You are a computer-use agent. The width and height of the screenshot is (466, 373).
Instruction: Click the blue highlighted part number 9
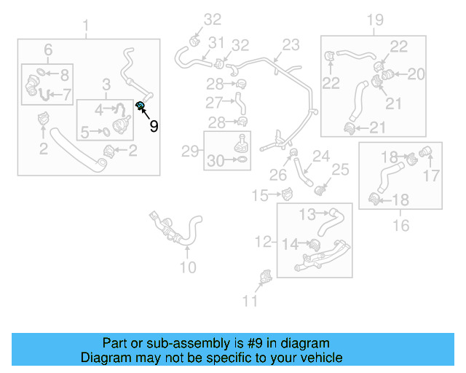141,108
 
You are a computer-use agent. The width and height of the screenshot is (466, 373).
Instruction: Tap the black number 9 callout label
154,126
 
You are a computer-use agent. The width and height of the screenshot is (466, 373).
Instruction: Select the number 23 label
291,45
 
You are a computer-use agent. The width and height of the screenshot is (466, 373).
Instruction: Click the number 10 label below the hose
187,267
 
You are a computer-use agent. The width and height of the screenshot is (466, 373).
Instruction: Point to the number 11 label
250,301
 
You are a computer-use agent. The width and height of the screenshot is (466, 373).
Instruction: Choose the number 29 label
190,152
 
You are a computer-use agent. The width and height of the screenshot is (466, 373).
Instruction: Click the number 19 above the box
375,20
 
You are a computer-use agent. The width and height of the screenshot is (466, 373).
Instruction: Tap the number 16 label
401,226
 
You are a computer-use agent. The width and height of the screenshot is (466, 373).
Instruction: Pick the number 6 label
48,50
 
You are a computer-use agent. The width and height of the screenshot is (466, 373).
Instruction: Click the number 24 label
321,156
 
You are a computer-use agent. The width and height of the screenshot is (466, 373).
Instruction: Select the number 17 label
432,175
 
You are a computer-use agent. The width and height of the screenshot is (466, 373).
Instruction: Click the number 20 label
416,74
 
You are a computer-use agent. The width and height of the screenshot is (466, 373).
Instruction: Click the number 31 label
216,43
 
